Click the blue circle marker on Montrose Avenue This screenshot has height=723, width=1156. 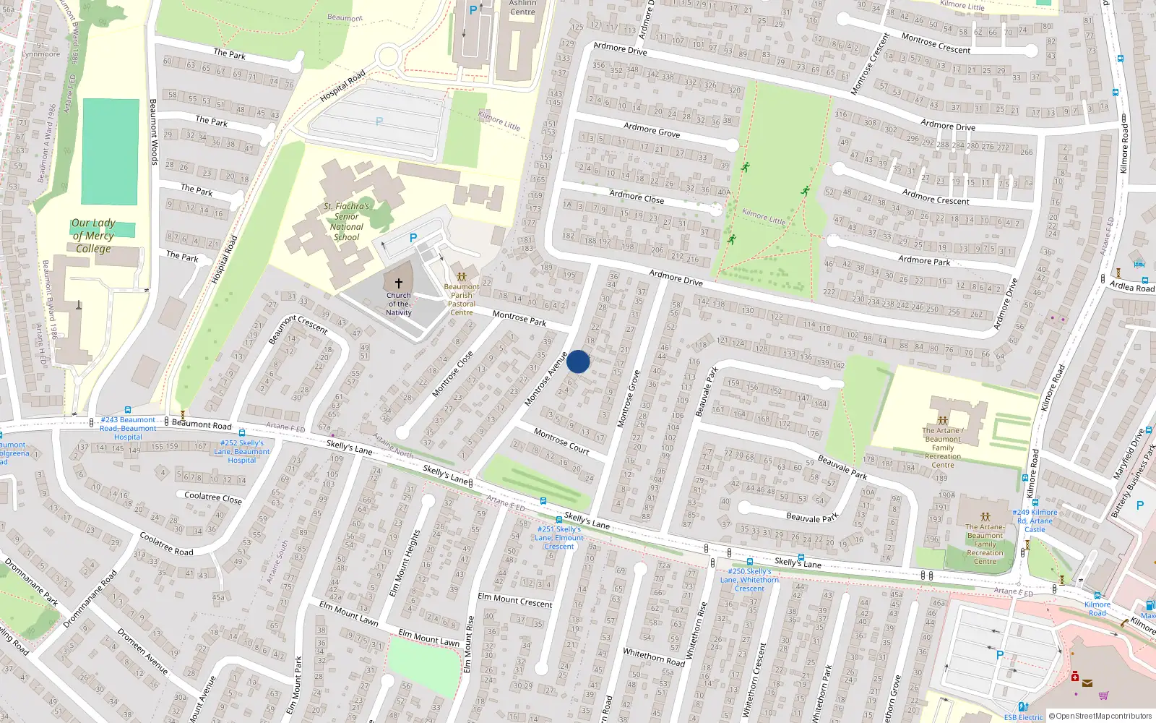578,361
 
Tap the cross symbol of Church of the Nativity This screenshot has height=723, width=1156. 398,283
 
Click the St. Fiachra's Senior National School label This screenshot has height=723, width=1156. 347,221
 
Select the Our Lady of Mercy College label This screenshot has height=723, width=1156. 93,236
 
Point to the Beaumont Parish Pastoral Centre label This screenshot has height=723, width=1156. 462,299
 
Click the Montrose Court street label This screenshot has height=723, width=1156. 561,441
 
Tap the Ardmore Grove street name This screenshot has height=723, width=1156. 652,130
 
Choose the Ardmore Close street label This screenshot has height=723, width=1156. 637,197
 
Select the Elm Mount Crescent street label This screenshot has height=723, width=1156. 515,600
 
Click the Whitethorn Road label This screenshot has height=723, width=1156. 654,656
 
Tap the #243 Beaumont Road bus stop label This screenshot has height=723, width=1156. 128,428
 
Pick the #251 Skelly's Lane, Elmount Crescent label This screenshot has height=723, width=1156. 559,538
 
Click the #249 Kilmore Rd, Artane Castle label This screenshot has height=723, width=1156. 1035,521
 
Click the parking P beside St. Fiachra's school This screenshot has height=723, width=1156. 413,238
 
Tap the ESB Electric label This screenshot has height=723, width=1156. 1023,717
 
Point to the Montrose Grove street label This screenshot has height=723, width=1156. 629,399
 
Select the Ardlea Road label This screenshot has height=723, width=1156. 1132,286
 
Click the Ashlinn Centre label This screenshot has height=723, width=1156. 522,8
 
